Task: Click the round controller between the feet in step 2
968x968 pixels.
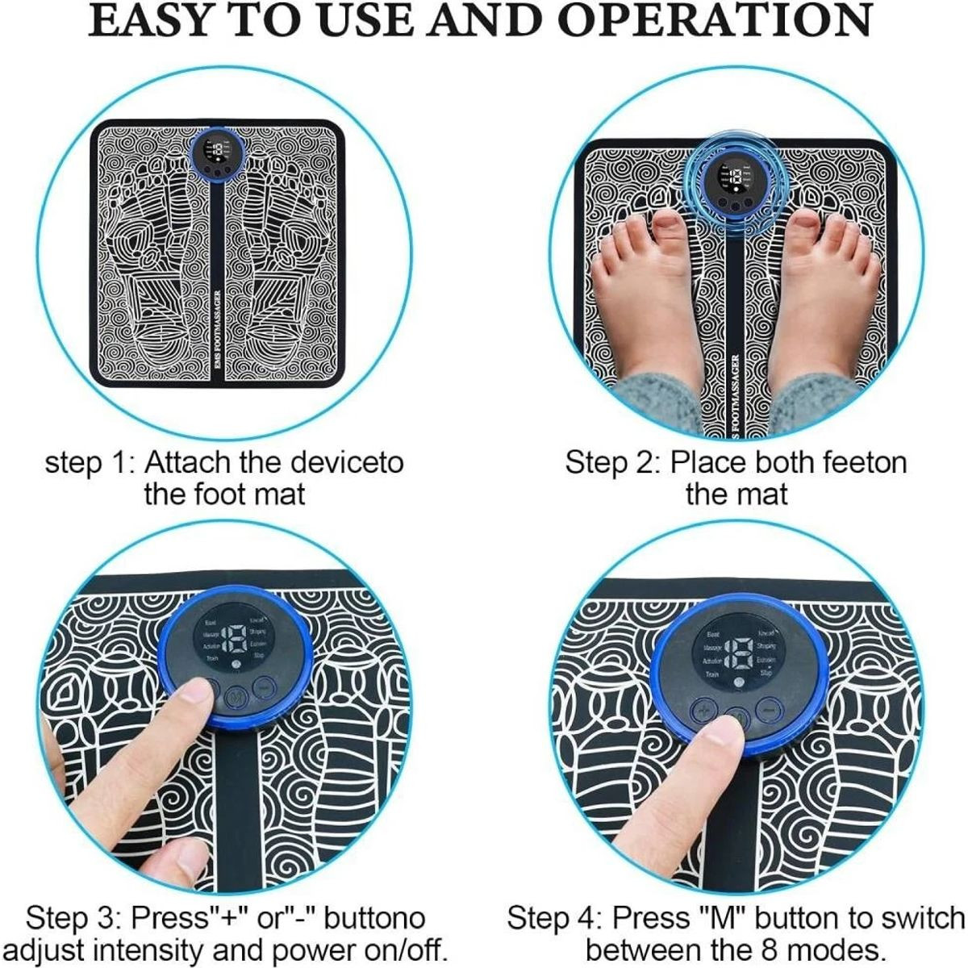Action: (x=734, y=184)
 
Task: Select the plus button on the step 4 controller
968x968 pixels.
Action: (x=703, y=711)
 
